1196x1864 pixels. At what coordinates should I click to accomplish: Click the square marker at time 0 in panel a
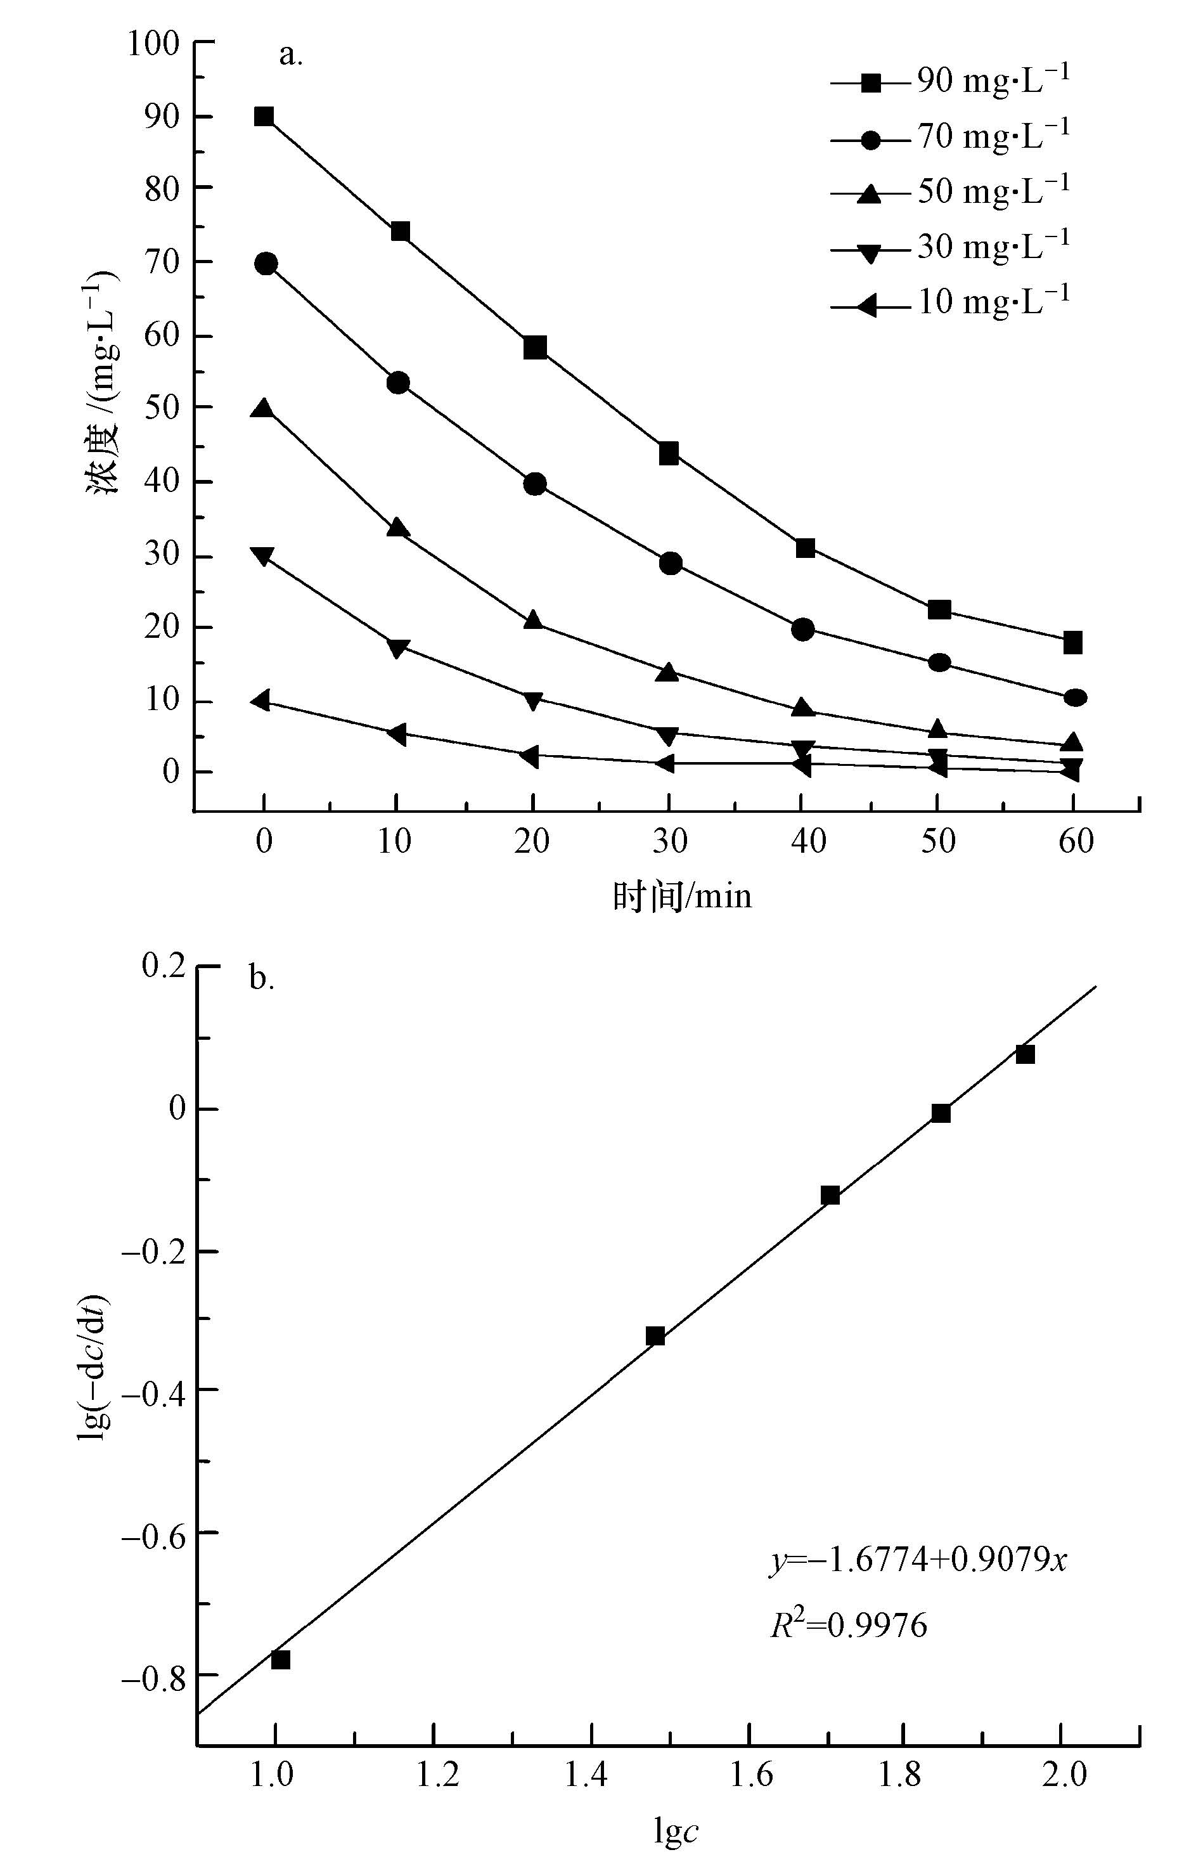(264, 117)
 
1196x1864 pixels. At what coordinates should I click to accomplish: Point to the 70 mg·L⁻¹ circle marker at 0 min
(266, 264)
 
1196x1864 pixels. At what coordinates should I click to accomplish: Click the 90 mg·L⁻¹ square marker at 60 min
(1072, 643)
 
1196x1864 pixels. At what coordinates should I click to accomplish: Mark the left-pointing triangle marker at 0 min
(262, 701)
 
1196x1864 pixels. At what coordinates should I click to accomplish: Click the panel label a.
(290, 55)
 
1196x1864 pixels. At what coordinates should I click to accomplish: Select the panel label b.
(262, 980)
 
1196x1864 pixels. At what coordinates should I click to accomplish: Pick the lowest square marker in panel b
(280, 1660)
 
